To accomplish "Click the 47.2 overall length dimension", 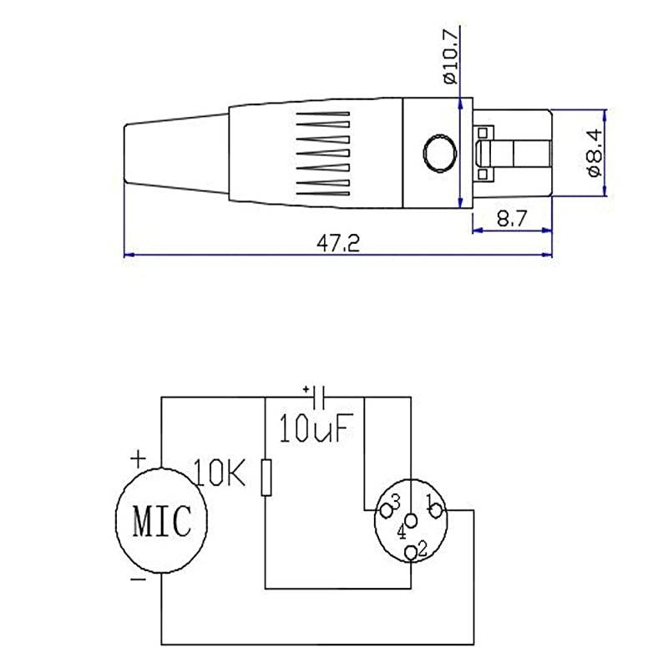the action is (x=338, y=243).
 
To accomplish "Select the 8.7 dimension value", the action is (x=512, y=219).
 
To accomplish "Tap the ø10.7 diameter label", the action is (x=451, y=55).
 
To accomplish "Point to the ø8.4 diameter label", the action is (x=595, y=153).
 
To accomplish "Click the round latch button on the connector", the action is (x=440, y=153).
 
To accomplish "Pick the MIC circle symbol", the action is (x=161, y=519).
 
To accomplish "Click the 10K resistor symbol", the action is (x=266, y=478).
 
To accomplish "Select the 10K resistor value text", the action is (x=220, y=473).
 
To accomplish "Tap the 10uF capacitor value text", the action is (x=316, y=428).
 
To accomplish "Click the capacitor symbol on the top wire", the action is (x=319, y=397).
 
